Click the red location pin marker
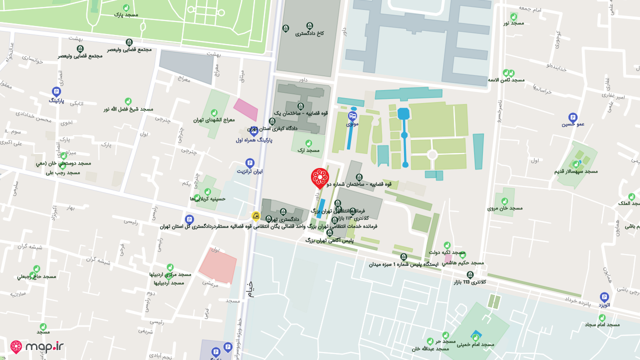point(320,177)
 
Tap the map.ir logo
point(37,346)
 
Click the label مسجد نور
point(513,22)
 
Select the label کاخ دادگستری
point(309,33)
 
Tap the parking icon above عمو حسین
point(573,117)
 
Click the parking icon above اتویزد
point(604,296)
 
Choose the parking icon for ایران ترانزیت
point(249,163)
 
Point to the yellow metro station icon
point(256,216)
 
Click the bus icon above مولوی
point(352,115)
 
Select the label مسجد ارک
point(308,150)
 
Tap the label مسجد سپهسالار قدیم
point(575,171)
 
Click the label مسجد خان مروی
point(505,208)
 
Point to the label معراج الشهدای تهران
point(214,120)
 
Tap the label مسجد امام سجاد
point(602,324)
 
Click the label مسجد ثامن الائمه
point(506,80)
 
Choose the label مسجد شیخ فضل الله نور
point(128,109)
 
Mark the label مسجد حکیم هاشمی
point(462,262)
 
